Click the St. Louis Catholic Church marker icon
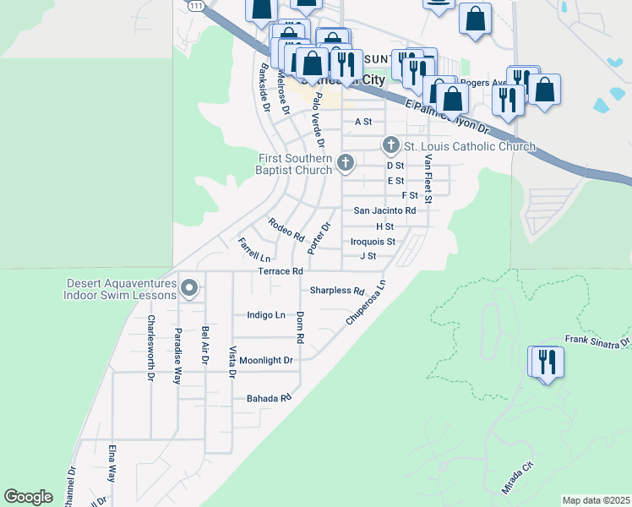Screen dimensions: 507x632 390,145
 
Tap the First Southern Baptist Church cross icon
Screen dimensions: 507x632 345,162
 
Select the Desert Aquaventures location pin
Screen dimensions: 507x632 190,288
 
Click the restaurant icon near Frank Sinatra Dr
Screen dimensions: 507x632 547,363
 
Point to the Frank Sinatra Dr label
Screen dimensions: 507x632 598,341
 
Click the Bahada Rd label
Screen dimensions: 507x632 269,397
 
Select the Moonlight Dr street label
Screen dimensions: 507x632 265,360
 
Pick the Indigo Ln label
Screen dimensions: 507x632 266,315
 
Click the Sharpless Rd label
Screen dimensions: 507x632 336,290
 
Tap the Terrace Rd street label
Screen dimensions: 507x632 281,271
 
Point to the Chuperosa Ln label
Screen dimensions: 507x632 367,304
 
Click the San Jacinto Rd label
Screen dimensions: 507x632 384,210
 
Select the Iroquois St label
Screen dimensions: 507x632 373,242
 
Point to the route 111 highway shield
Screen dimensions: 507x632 195,6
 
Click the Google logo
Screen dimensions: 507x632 28,497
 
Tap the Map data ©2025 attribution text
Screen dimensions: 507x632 596,500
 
